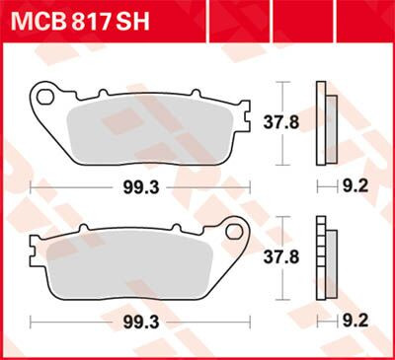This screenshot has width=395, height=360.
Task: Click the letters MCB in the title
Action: tap(39, 23)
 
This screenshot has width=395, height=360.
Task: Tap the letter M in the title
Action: tap(24, 23)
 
